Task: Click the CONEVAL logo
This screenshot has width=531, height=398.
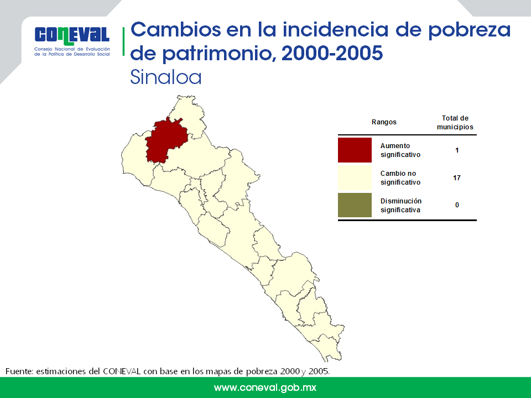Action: [72, 41]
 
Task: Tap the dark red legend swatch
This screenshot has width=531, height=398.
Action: [355, 150]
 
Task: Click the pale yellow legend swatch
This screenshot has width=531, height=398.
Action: [355, 177]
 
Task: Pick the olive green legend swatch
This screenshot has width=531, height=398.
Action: [355, 205]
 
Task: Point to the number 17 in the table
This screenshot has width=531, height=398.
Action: [456, 177]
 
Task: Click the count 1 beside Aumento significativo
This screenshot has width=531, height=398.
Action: [457, 150]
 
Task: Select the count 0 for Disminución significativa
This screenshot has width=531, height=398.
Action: [457, 205]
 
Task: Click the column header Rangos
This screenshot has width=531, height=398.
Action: [384, 122]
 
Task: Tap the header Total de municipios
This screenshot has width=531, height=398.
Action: [455, 123]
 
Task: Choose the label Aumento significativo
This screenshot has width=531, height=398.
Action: [400, 150]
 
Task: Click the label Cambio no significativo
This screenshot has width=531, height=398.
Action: [400, 177]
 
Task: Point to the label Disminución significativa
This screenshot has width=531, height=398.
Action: [400, 206]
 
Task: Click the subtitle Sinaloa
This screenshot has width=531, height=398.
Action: [165, 77]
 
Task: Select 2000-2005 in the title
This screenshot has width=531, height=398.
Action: [332, 53]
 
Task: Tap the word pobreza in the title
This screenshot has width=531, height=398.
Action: [470, 30]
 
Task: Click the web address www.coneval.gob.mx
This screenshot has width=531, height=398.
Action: [265, 388]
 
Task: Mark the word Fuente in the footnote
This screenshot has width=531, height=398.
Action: [19, 371]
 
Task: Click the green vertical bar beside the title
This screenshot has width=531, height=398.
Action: [123, 41]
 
